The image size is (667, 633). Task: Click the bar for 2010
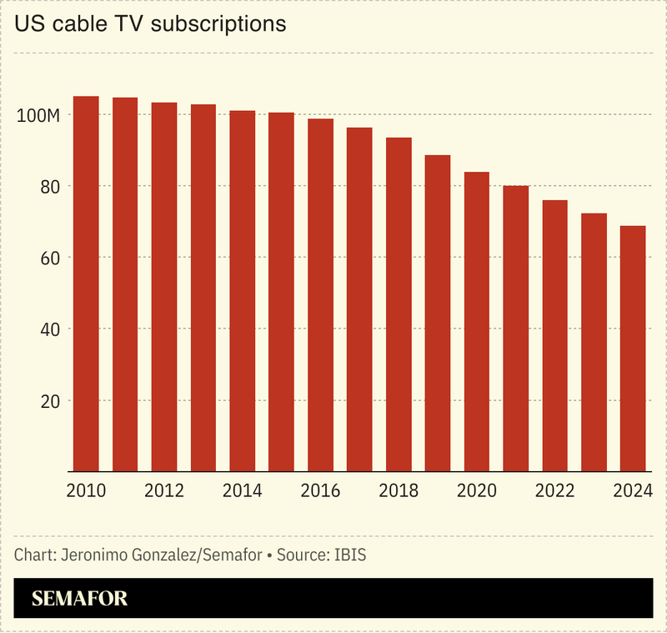coord(86,284)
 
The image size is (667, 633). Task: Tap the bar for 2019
coord(438,314)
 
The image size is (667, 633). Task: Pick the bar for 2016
coord(320,295)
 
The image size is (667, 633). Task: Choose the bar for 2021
coord(515,329)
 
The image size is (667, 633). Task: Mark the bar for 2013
coord(203,288)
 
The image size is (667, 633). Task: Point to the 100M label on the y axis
coord(38,115)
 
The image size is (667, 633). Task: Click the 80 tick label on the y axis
coord(49,187)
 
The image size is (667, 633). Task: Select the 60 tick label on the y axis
coord(49,258)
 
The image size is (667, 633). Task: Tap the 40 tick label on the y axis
coord(49,329)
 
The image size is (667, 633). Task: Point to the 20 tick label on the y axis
coord(49,401)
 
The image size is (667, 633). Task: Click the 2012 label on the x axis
coord(164,491)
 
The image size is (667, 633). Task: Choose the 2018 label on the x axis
coord(399,491)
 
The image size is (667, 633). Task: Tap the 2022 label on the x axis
coord(554,491)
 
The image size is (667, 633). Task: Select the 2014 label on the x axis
coord(242,491)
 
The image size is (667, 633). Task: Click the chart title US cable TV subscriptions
coord(150,24)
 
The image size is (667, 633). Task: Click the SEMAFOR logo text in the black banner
coord(79,599)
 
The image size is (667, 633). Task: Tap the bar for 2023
coord(594,342)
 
